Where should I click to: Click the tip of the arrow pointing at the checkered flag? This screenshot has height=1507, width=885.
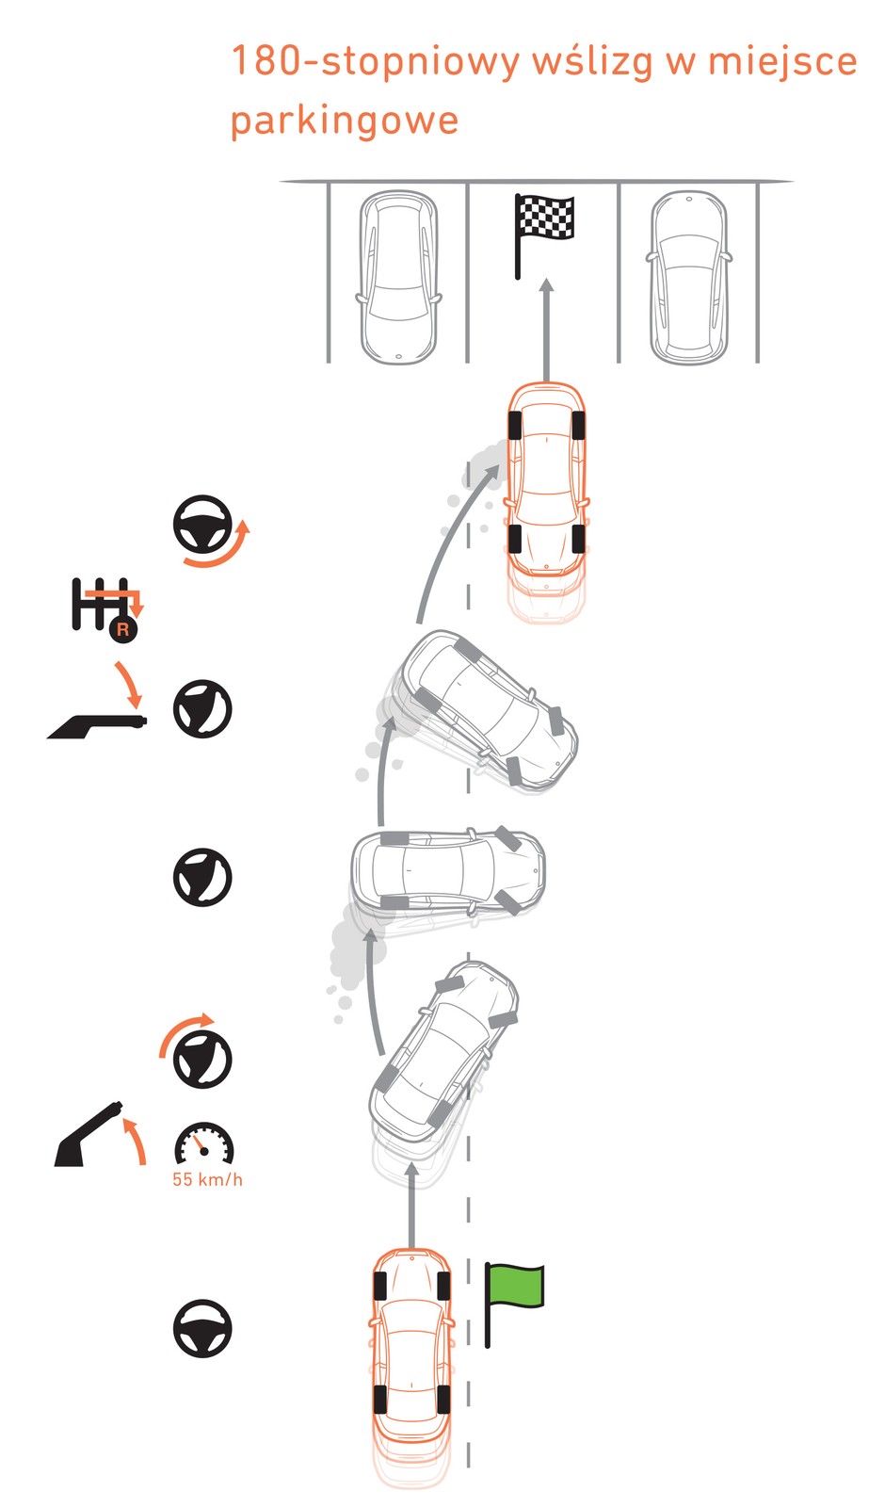point(547,279)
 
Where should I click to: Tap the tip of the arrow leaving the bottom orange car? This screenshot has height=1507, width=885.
point(412,1162)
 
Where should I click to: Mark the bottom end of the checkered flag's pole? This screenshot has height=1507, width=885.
point(517,277)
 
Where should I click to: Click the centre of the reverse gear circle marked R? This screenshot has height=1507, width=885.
point(122,629)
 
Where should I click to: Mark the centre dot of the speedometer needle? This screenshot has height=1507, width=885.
point(204,1151)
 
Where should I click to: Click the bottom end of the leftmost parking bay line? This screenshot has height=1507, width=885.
point(329,362)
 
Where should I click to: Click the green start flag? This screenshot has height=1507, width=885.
point(514,1304)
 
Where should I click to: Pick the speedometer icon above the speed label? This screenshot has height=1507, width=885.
point(203,1143)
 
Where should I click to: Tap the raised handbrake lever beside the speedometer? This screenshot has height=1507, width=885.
point(88,1134)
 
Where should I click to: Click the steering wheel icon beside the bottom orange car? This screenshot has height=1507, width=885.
point(202,1328)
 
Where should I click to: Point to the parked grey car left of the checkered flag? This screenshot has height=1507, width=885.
point(398,277)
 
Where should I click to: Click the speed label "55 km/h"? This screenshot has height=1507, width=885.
point(208,1179)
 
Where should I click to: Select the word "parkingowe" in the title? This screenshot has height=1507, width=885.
point(345,122)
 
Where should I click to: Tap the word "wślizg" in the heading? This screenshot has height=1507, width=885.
point(592,62)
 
